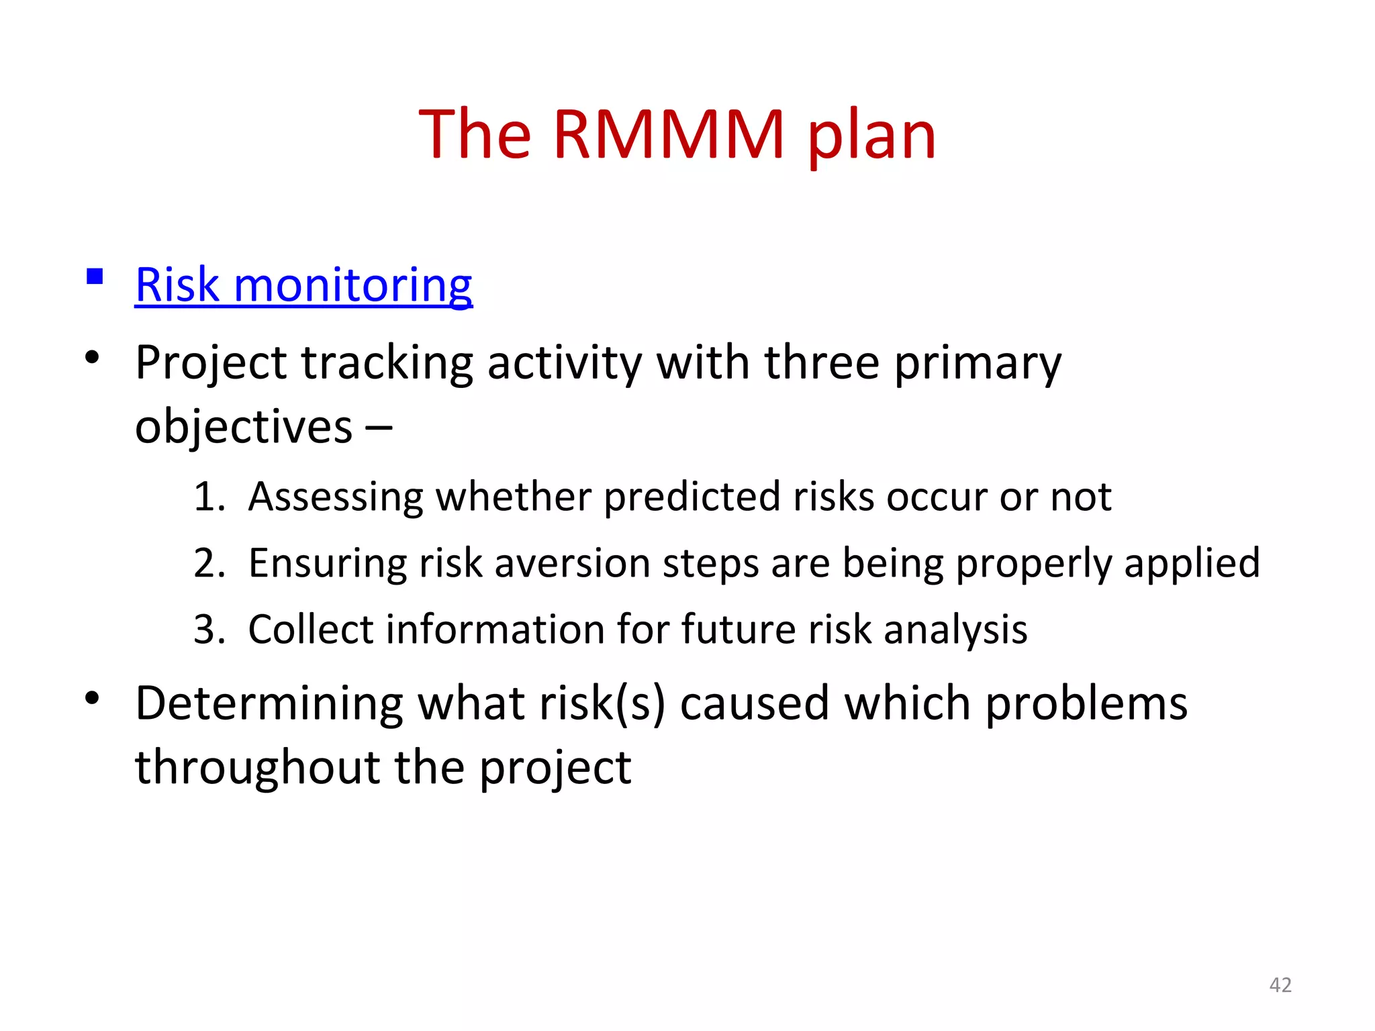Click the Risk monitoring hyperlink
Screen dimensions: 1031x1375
(303, 285)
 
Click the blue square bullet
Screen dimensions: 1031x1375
(95, 277)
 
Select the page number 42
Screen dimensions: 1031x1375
(1280, 985)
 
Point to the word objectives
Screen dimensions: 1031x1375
(243, 428)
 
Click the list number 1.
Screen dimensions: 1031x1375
(207, 497)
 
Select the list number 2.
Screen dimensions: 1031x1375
(207, 563)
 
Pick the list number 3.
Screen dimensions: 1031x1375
(207, 630)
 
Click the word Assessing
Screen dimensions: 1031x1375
(336, 497)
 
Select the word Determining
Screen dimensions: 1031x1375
(269, 703)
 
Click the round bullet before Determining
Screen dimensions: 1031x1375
(93, 699)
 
